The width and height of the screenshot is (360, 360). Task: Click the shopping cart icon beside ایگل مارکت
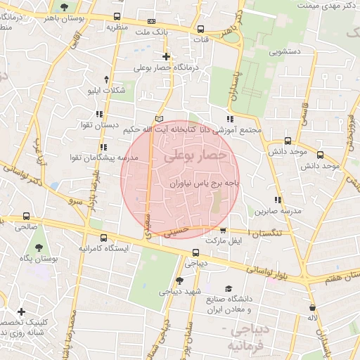tap(223, 230)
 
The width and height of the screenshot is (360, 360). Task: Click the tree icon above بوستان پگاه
tap(38, 247)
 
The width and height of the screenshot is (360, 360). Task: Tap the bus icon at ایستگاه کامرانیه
tap(104, 238)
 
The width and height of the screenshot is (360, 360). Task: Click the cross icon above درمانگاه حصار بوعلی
tap(166, 56)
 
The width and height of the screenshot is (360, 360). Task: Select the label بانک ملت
tap(152, 32)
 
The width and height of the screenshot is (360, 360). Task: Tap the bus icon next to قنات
tap(201, 30)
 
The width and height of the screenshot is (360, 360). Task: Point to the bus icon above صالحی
tap(27, 217)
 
